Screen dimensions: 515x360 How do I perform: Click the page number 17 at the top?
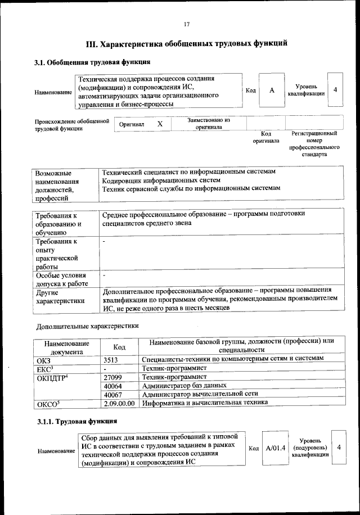coord(187,24)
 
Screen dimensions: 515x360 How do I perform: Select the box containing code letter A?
coord(271,91)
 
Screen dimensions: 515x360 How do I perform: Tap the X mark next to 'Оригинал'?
coord(160,124)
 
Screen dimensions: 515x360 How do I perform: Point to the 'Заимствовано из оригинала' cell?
coord(209,124)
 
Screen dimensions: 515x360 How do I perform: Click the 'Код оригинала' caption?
coord(266,137)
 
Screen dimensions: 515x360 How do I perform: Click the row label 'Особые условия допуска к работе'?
coord(61,280)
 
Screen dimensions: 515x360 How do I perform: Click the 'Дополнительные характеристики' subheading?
coord(87,326)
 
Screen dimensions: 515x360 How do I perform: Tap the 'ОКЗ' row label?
coord(43,358)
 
